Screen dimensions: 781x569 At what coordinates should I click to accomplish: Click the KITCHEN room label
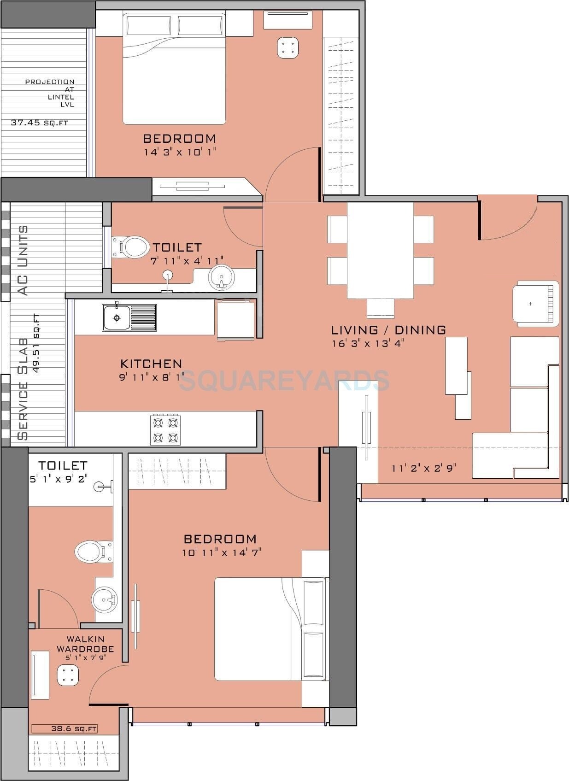point(151,364)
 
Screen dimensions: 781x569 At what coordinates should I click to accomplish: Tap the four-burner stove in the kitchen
point(165,429)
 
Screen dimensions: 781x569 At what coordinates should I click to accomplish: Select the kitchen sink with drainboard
point(129,317)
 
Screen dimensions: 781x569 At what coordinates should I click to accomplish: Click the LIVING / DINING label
point(388,330)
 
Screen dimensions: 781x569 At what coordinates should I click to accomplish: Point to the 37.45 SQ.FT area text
point(42,123)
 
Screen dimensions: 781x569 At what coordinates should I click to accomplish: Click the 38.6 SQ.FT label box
point(65,728)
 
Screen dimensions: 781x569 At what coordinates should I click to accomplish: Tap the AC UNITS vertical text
point(23,260)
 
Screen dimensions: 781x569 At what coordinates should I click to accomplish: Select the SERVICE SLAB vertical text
point(23,389)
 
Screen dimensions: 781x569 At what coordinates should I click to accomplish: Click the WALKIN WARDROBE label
point(85,644)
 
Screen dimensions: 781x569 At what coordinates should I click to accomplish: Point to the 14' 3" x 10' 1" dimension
point(180,152)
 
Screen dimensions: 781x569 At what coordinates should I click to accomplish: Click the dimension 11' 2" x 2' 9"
point(424,468)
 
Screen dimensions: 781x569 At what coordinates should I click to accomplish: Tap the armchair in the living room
point(535,304)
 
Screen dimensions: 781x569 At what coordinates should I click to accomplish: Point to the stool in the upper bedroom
point(288,47)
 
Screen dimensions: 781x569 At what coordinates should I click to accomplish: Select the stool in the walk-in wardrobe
point(68,675)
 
